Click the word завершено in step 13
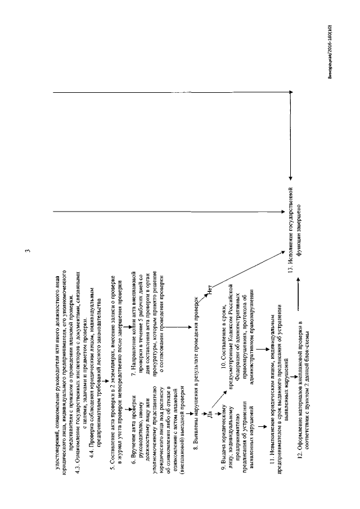click(299, 223)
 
